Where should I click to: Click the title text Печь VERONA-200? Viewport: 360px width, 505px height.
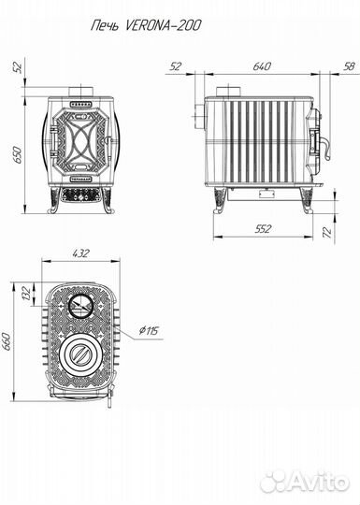click(x=146, y=25)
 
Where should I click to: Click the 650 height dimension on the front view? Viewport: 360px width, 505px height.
click(x=18, y=154)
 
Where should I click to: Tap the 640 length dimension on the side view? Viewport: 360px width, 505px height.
click(x=262, y=66)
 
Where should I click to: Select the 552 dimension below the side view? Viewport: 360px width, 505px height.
click(x=263, y=229)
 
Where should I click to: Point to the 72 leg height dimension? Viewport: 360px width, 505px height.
click(x=327, y=232)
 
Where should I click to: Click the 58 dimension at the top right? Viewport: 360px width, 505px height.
click(x=349, y=66)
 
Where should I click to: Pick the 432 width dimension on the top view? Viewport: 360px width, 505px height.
click(x=80, y=253)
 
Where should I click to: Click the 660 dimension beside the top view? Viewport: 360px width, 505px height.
click(x=7, y=342)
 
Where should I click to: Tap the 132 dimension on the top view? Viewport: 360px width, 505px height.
click(x=26, y=293)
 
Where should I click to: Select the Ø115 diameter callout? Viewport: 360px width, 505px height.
click(x=149, y=330)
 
